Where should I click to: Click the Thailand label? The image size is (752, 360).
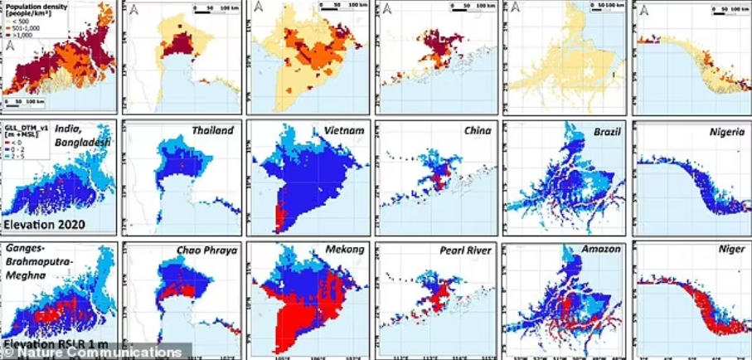[213, 131]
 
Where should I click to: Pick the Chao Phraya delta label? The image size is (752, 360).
[206, 251]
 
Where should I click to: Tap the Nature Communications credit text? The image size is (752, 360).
[96, 353]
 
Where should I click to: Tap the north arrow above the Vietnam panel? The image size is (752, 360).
[260, 7]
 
